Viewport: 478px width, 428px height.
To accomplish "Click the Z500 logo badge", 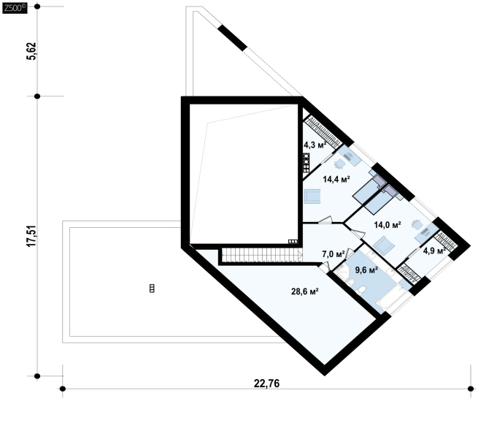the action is click(15, 8).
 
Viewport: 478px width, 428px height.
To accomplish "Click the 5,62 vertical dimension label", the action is click(31, 51).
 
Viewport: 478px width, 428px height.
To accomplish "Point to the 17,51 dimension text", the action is click(31, 236).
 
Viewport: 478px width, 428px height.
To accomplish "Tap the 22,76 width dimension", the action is click(266, 383).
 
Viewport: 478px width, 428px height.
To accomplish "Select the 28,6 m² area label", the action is click(305, 291).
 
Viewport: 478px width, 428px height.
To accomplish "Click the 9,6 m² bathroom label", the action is click(367, 270).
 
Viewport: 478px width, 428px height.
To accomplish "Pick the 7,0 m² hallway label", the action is click(334, 254).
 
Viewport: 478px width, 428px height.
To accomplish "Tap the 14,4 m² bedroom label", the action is click(336, 179).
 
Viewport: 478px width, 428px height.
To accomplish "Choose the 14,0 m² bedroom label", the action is click(388, 225).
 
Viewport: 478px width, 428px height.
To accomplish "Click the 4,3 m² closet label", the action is click(315, 145).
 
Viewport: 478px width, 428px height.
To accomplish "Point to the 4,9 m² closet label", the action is click(434, 251).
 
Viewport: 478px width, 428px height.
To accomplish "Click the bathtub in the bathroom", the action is click(391, 297).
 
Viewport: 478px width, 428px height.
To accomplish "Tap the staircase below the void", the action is click(262, 255).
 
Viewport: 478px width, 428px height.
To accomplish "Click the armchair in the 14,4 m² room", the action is click(312, 196).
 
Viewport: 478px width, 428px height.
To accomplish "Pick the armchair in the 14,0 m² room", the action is click(384, 245).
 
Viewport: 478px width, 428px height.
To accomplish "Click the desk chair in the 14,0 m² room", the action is click(417, 224).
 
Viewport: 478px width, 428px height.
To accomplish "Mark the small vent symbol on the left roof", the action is click(152, 288).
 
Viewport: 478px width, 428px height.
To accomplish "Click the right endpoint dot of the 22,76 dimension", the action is click(471, 389).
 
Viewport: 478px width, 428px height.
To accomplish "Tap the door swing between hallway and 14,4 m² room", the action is click(325, 220).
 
